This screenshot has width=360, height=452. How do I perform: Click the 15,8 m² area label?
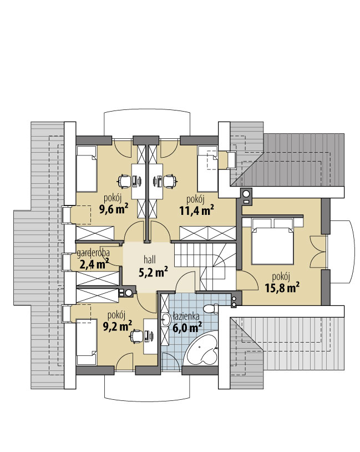click(282, 288)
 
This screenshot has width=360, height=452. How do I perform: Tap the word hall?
click(150, 260)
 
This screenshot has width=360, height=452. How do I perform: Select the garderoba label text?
click(93, 253)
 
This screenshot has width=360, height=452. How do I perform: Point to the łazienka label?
click(186, 316)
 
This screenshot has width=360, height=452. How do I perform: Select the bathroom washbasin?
click(166, 319)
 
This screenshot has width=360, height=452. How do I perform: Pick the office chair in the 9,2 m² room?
click(136, 336)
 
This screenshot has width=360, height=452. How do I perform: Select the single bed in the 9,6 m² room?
click(86, 169)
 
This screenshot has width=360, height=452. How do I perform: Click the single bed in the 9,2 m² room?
click(86, 342)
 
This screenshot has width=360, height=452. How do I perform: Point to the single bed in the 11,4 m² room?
click(207, 169)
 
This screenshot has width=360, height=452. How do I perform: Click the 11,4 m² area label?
click(197, 210)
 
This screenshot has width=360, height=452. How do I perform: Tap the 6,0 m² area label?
click(187, 328)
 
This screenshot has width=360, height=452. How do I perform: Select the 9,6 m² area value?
click(114, 209)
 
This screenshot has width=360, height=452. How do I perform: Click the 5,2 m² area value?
click(153, 272)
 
